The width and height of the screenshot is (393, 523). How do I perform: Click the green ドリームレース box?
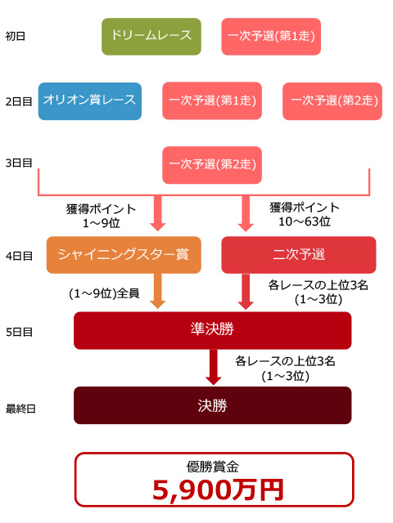(151, 36)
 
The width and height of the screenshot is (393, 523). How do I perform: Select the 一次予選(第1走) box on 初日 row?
(271, 36)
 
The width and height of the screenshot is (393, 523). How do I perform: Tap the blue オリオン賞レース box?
(90, 101)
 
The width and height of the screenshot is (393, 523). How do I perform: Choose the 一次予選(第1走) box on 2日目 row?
(212, 101)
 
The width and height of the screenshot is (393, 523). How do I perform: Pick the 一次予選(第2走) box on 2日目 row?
(332, 101)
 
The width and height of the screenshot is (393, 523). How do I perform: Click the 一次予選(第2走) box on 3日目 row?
(212, 165)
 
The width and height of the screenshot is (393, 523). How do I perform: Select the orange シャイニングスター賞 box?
(124, 255)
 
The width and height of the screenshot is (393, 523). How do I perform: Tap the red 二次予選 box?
(299, 255)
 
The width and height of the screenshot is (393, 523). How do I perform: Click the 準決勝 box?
(213, 330)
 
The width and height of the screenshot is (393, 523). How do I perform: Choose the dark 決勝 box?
(213, 405)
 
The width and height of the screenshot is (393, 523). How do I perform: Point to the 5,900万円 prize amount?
(218, 490)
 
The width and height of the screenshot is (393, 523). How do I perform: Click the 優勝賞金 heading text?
(213, 467)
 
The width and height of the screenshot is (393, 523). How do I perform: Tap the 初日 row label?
(16, 36)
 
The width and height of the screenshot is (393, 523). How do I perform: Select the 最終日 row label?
(20, 409)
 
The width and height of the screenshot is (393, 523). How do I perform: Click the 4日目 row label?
(19, 256)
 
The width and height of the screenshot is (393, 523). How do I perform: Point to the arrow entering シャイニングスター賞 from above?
(158, 212)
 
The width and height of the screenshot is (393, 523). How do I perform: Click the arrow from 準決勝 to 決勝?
(213, 367)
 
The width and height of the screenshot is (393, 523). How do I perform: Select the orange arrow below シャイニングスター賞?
(158, 291)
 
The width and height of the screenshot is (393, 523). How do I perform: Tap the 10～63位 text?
(305, 221)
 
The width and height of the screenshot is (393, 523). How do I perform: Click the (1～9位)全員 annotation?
(104, 293)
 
